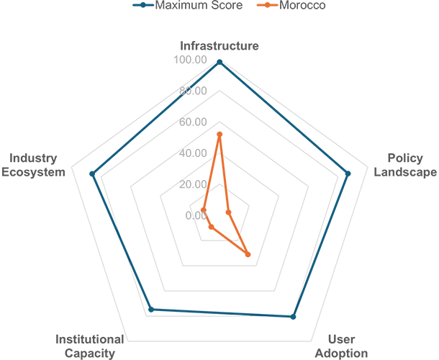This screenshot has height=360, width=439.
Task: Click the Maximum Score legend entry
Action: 188,5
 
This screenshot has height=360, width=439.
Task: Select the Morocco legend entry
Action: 291,5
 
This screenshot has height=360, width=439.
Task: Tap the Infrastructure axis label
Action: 219,45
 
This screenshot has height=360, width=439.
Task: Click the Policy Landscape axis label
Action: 405,165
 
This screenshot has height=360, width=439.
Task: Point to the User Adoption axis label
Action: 341,346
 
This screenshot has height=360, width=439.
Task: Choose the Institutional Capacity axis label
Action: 89,346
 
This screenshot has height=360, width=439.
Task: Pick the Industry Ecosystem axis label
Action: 33,165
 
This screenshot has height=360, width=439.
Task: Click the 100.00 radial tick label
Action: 190,60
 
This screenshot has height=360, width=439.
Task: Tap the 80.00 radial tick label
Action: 193,91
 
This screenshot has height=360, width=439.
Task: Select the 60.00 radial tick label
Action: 193,122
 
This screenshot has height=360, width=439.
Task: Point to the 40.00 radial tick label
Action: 193,153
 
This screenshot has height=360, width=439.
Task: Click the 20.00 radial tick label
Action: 193,184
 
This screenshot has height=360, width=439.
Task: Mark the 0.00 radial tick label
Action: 196,215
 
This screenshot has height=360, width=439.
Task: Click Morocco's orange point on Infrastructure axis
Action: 219,135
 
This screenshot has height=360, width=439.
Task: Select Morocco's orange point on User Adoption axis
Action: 248,254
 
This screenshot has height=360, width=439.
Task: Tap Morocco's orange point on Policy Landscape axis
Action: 228,212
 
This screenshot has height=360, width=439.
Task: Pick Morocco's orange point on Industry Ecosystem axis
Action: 204,210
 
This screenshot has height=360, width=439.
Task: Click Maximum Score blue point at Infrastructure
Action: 219,62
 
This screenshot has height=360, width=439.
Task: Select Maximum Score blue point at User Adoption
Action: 293,317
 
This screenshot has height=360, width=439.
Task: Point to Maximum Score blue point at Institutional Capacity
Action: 151,310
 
